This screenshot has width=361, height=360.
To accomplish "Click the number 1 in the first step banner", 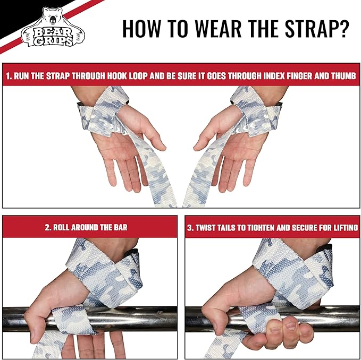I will [x=7, y=76].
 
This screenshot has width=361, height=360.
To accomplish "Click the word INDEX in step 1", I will [x=257, y=76].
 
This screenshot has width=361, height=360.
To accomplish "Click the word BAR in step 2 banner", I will [x=120, y=227].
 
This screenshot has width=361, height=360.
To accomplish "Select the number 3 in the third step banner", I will [x=189, y=227].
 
